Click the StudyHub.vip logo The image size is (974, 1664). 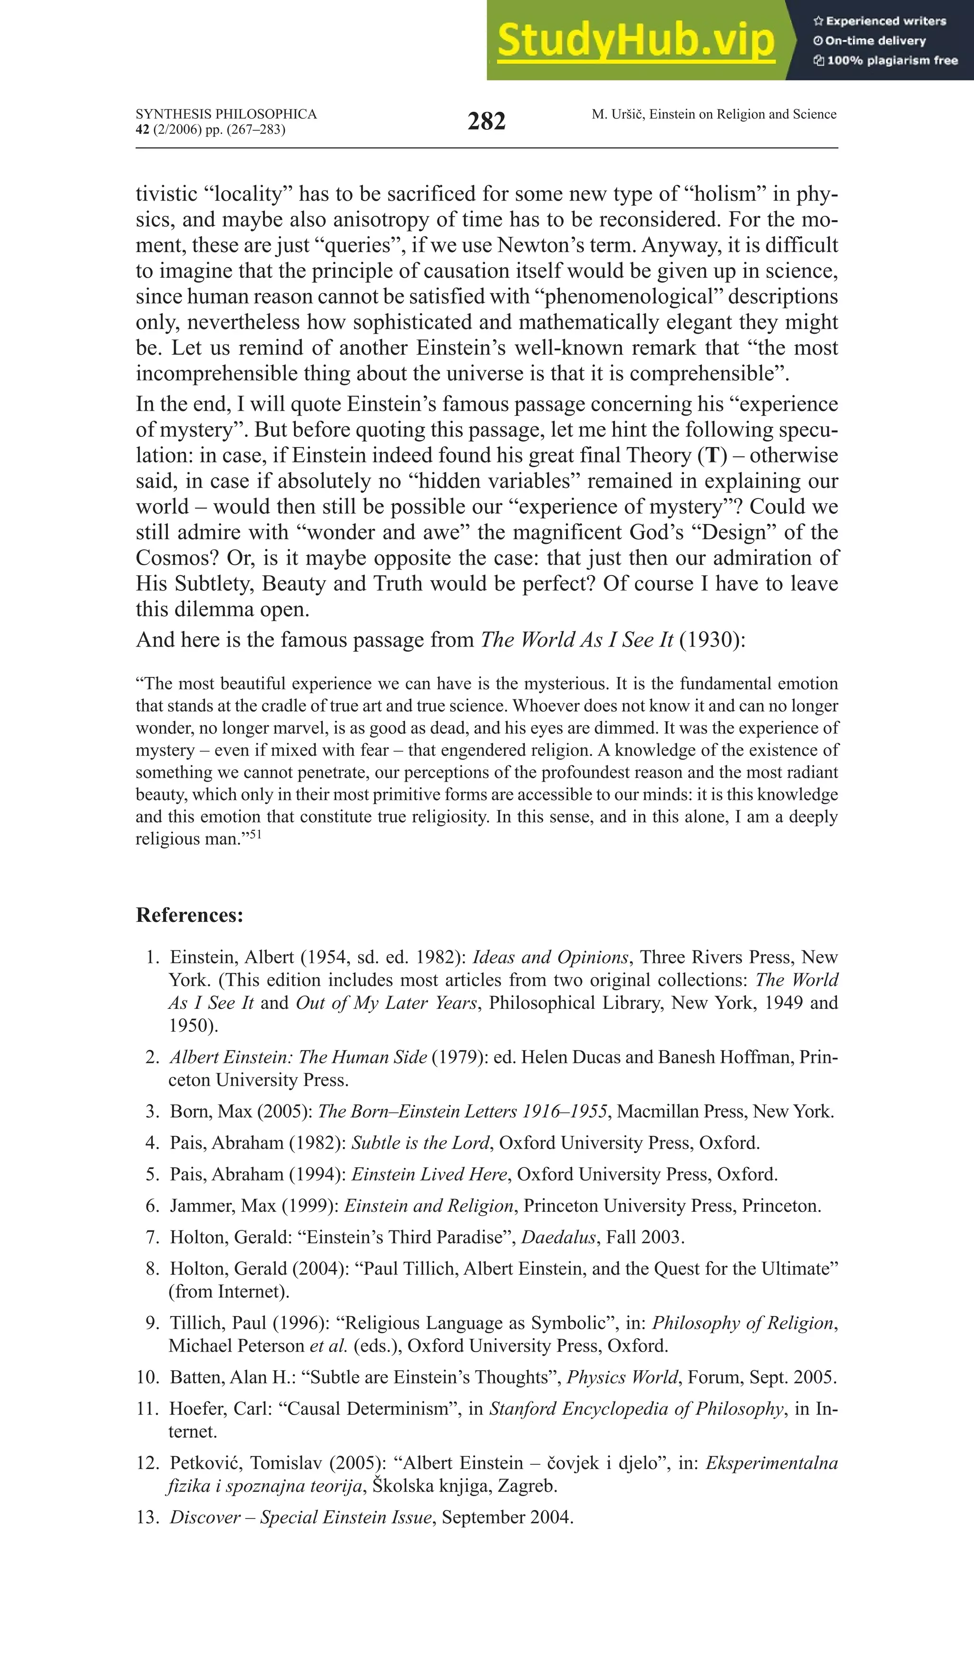(x=635, y=41)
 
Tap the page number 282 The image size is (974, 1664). (x=486, y=122)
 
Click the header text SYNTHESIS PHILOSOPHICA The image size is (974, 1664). (x=226, y=114)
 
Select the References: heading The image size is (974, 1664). (x=189, y=915)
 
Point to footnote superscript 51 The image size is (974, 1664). (x=255, y=835)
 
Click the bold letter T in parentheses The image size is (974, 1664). (x=712, y=455)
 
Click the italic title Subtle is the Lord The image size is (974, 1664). (x=420, y=1142)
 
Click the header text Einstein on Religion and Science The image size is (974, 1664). (x=743, y=114)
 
